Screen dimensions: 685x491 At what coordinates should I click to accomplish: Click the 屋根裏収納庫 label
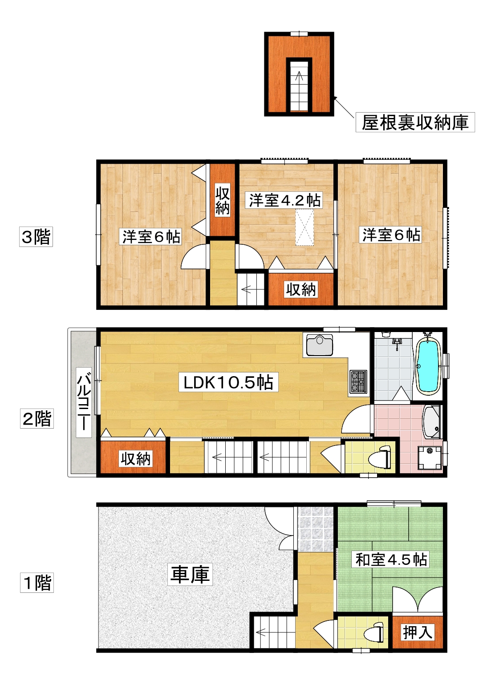pos(415,122)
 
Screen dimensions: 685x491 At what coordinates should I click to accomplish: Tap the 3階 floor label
pos(36,236)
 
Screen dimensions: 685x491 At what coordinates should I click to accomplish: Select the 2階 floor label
pos(37,418)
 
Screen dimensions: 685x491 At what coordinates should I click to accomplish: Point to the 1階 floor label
pos(37,583)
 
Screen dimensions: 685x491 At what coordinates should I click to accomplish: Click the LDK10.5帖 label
pos(228,382)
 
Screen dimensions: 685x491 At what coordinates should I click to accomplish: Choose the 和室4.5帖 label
pos(391,559)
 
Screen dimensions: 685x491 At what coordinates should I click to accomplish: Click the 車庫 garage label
pos(190,574)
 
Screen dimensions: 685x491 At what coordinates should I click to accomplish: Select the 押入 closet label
pos(418,632)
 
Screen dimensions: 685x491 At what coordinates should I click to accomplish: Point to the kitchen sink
pos(319,345)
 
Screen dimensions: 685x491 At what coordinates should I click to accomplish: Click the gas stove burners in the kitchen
pos(357,382)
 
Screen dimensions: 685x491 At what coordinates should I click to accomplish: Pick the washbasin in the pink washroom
pos(431,422)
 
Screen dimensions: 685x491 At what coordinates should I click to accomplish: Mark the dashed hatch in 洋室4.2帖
pos(304,227)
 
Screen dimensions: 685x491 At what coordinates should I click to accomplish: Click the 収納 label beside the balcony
pos(135,458)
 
